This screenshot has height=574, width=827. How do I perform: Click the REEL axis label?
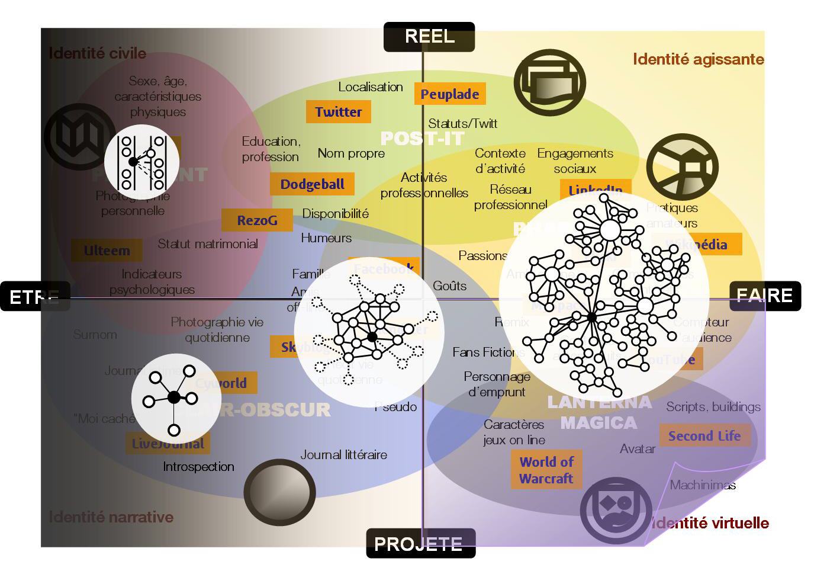[x=429, y=36]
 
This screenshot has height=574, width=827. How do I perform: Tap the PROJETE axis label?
[x=420, y=543]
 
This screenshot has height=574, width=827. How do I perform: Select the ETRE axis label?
[x=35, y=296]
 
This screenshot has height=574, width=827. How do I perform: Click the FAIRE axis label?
[x=765, y=296]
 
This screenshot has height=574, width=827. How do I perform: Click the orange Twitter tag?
[x=338, y=112]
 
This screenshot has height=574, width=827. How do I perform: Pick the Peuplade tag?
[x=449, y=94]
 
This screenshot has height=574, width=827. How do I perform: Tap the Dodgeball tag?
[x=312, y=184]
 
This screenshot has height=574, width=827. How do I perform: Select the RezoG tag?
[x=257, y=220]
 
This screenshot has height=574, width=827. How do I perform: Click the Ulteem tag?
[x=107, y=251]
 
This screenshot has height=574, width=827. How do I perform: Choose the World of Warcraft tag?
[x=546, y=470]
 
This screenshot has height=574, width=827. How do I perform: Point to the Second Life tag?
[x=704, y=436]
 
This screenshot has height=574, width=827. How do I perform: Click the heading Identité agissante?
[x=698, y=59]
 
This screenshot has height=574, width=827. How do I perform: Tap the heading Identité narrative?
[x=111, y=517]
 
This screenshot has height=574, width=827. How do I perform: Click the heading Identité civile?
[x=97, y=53]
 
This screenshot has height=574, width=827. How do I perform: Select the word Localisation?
[x=371, y=87]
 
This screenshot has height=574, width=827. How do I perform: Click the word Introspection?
[x=198, y=467]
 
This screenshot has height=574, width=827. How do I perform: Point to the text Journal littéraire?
[x=343, y=455]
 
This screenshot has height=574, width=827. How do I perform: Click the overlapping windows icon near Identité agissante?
[x=549, y=82]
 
